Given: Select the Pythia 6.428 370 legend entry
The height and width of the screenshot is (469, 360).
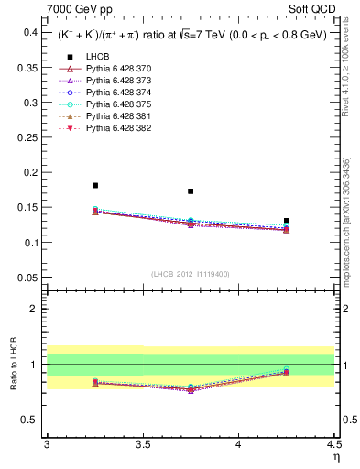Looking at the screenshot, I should tap(119, 69).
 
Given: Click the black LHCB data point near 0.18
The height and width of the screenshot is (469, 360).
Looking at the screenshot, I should tap(95, 186).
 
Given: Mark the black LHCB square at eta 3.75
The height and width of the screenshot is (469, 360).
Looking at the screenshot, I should tap(191, 191).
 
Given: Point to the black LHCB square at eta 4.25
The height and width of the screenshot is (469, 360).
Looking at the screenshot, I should tap(287, 221).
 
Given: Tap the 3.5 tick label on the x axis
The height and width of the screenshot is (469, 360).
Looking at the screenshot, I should tap(143, 444).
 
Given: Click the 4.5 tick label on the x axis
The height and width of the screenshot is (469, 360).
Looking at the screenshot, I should tap(333, 444).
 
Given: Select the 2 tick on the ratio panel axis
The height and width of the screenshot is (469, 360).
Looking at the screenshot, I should tap(37, 309).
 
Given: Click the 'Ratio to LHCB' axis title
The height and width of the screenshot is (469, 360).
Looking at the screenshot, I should tap(12, 365).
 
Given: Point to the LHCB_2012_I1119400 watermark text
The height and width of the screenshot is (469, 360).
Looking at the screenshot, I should tap(191, 273).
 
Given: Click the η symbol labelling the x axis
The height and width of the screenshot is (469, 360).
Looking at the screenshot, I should tap(335, 457).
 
